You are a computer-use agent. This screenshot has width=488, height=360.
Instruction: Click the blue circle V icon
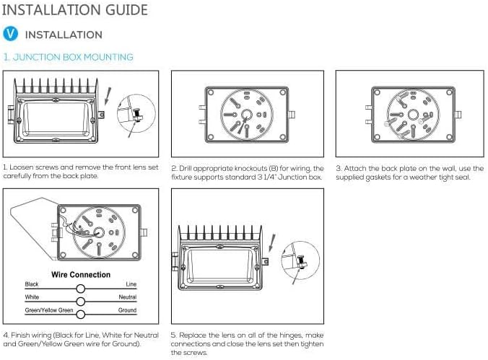11,34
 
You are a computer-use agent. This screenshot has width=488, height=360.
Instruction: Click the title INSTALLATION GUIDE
76,10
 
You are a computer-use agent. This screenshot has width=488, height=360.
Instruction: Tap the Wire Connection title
81,275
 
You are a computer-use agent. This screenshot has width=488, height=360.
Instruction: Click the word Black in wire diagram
32,285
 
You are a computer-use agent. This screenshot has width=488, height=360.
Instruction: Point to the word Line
131,285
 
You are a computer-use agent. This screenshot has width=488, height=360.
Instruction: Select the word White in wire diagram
32,297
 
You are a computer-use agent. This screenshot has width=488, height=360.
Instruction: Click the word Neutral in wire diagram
128,297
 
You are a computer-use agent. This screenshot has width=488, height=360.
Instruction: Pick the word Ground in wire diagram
128,310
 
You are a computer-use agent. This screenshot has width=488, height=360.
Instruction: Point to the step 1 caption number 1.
5,168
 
